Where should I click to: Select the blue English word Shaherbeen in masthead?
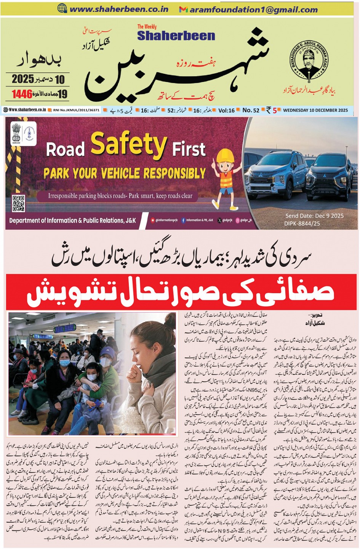176,35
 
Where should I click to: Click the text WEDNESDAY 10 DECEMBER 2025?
315,110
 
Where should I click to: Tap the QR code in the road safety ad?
18,203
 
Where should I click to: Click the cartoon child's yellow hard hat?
224,156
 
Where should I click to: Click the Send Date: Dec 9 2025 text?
314,216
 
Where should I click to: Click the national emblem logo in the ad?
16,131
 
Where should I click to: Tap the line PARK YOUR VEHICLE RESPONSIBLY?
125,174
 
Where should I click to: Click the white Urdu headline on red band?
180,292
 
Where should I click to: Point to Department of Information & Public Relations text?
72,220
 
